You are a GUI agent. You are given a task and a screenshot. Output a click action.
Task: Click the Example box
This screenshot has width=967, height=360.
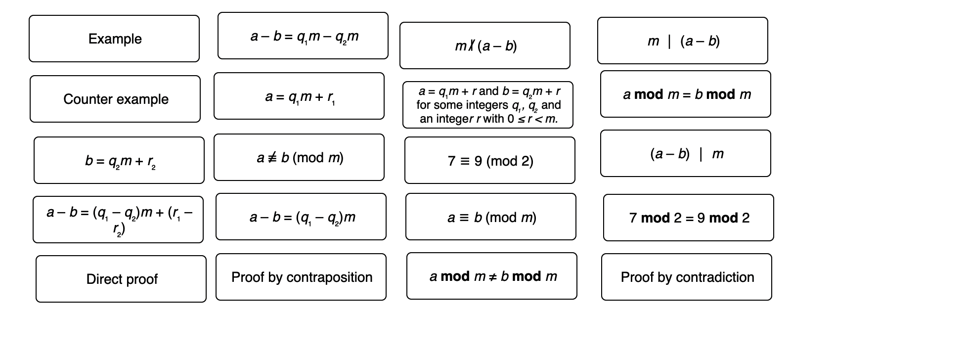[114, 39]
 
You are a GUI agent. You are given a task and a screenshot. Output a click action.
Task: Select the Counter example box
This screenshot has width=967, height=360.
[115, 99]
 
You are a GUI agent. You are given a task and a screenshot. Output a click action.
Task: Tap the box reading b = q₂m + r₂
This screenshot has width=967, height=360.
[119, 160]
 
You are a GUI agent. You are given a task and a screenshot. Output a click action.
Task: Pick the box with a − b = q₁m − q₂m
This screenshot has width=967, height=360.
[303, 36]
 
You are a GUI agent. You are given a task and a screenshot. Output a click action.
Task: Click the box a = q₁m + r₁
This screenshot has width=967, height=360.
[299, 96]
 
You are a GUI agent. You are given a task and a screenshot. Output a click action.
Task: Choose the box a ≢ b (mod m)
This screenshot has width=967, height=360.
[299, 157]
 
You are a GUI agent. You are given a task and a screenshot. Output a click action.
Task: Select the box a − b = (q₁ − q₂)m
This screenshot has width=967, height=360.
[301, 217]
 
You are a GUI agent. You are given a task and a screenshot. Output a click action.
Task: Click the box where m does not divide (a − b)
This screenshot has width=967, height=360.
[485, 45]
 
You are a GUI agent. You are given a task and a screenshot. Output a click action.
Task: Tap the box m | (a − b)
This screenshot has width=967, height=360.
[683, 41]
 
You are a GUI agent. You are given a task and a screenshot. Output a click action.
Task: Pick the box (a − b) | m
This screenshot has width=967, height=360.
[686, 153]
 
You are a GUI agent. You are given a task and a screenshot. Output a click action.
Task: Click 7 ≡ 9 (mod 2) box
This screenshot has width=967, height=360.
[490, 160]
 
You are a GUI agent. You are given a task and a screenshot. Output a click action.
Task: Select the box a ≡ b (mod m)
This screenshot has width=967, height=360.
[491, 217]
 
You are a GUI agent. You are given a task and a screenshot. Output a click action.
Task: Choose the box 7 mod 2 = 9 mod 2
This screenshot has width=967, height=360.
[689, 218]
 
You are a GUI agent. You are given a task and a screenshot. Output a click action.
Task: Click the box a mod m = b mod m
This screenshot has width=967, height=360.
[686, 94]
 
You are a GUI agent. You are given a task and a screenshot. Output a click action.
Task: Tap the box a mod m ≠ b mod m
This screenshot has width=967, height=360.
[492, 276]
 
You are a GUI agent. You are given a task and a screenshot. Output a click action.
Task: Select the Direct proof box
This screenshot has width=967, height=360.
[121, 279]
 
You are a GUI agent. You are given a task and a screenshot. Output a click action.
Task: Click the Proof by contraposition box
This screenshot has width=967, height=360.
[301, 277]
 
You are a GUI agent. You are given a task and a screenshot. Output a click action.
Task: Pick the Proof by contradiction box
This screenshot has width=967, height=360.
[687, 277]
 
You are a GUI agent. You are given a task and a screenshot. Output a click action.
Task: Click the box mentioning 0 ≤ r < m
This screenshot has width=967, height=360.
[488, 105]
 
